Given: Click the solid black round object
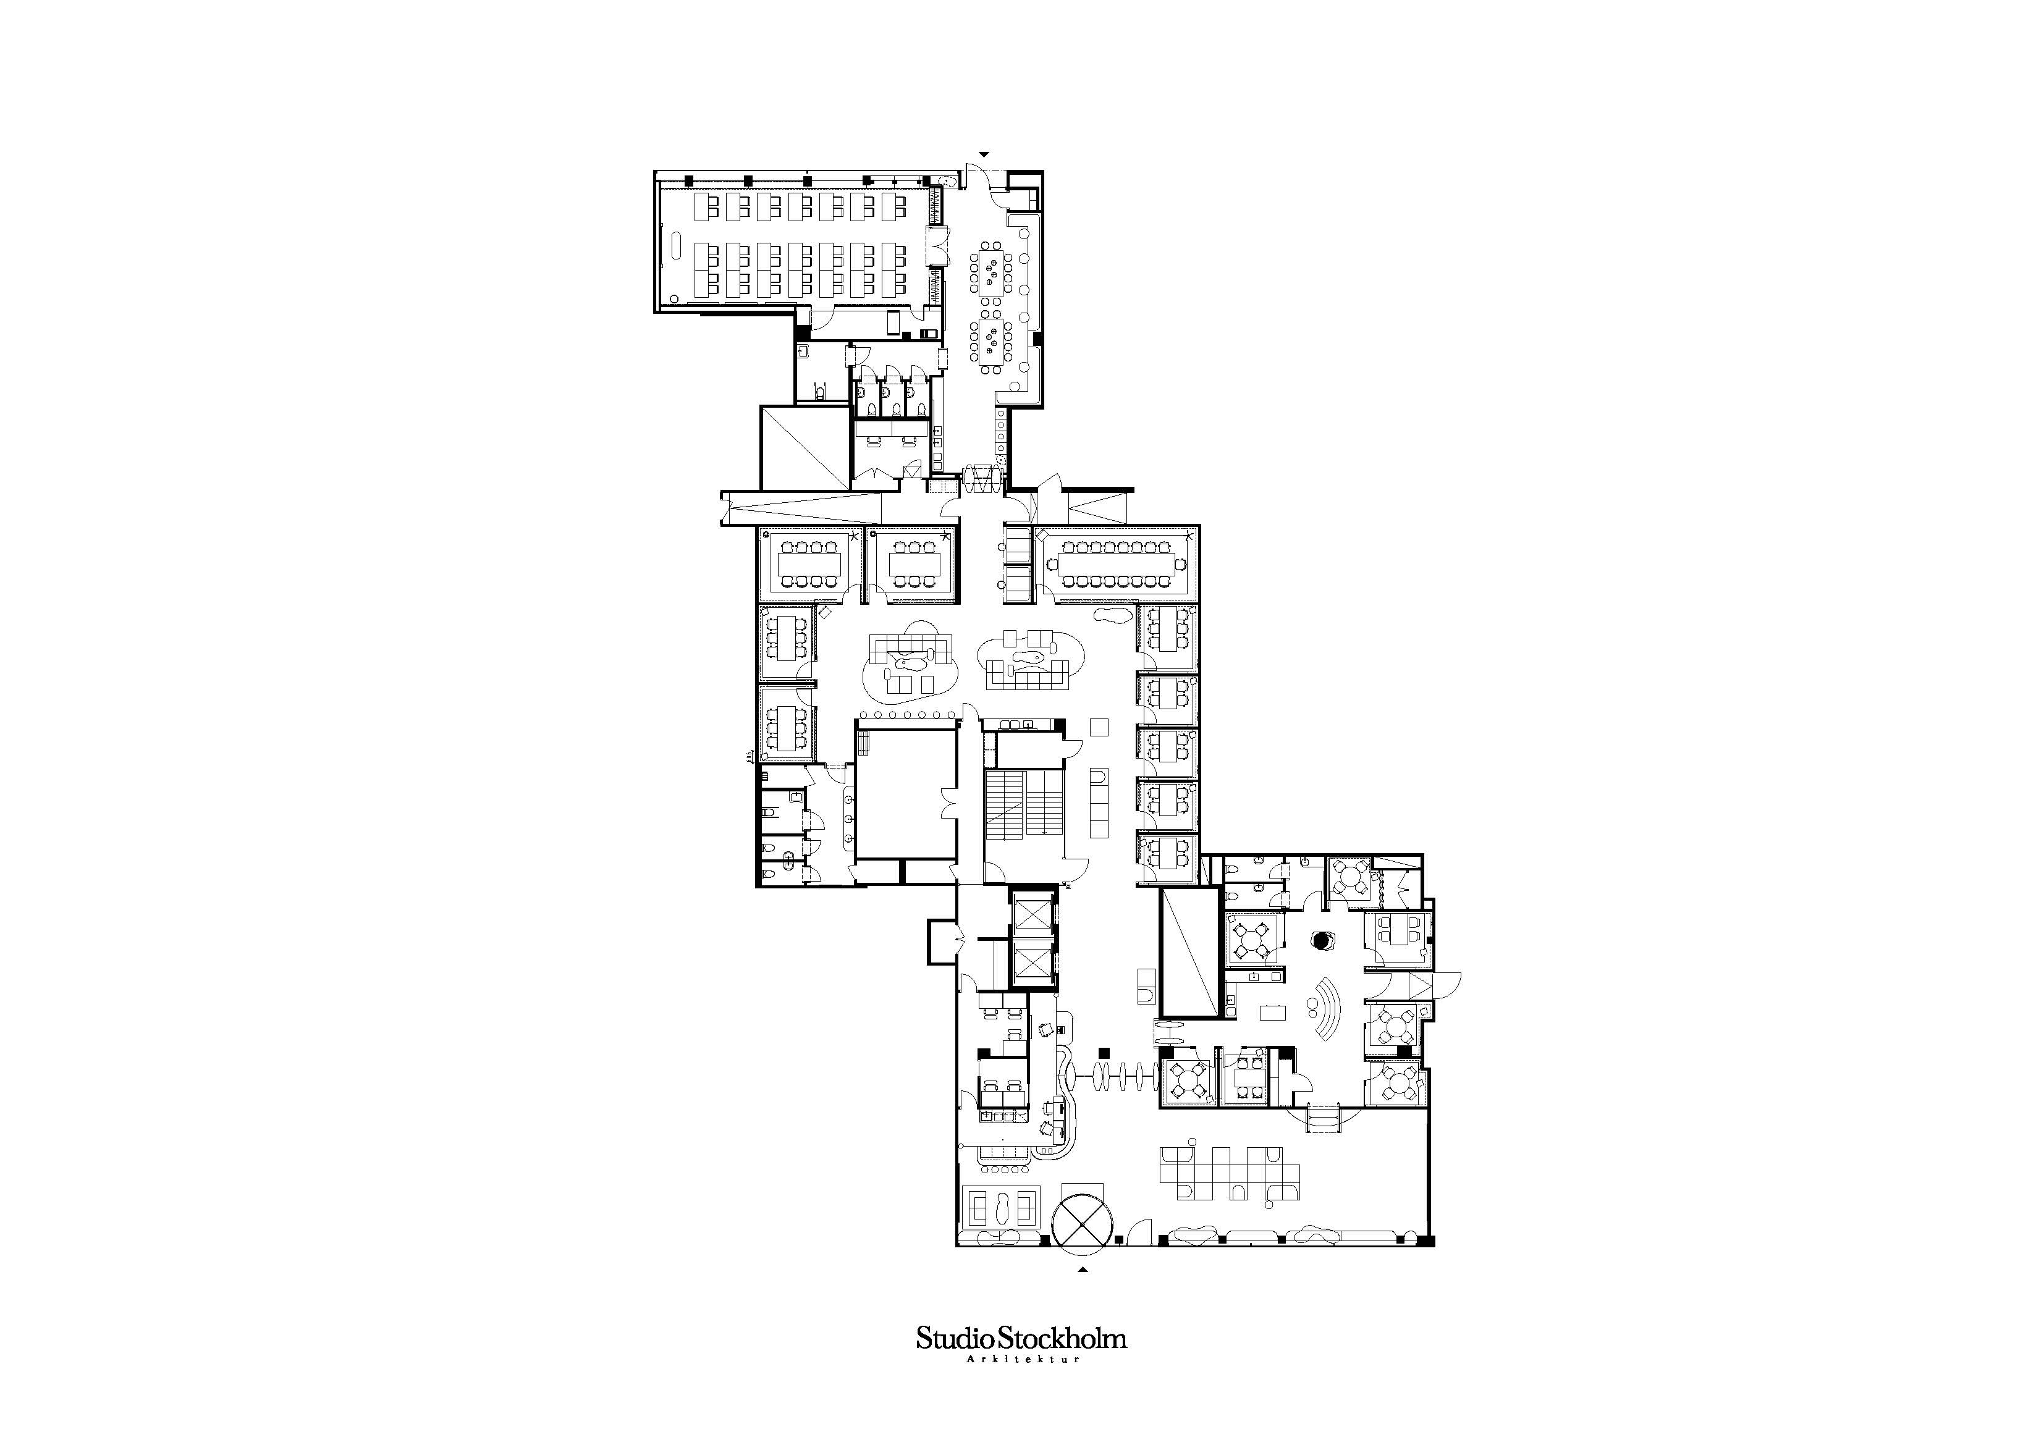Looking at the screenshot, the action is [x=1324, y=940].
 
